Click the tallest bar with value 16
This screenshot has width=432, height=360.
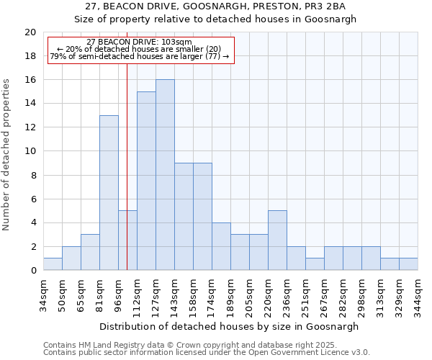tap(165, 175)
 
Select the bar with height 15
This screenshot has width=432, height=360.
tap(146, 181)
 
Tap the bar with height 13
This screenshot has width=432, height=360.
tap(109, 193)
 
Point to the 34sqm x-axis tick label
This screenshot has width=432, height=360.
tap(44, 295)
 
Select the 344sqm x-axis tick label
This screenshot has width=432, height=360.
tap(418, 295)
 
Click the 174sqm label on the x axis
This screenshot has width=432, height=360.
tap(212, 295)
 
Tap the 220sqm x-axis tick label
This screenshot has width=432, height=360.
tap(269, 295)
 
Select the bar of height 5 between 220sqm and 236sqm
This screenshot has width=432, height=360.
tap(277, 240)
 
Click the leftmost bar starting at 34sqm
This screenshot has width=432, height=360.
tap(53, 264)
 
